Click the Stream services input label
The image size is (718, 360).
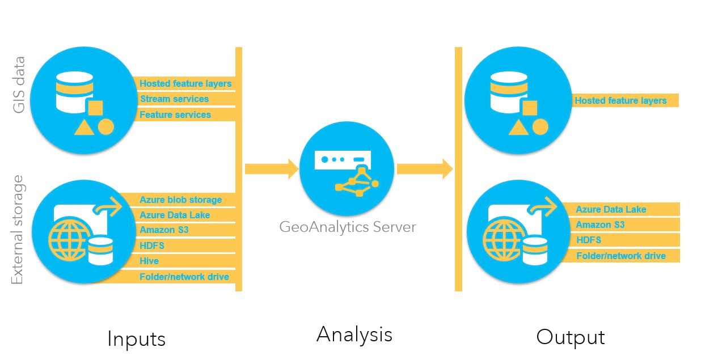point(174,99)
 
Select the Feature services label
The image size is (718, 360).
point(175,115)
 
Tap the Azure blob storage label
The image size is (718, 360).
point(180,200)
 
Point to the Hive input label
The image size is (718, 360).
point(149,261)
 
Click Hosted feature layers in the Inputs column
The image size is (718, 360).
point(185,84)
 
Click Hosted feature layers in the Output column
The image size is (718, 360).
point(620,101)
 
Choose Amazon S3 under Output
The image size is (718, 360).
point(600,225)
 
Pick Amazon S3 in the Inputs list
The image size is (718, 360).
point(164,230)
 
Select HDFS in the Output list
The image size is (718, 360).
point(588,240)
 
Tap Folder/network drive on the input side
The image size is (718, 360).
point(184,277)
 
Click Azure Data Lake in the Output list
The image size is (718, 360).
point(611,209)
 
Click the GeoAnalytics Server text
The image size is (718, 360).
point(347,227)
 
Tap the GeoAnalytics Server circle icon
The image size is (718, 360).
point(347,168)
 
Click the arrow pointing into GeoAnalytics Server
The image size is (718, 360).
point(272,168)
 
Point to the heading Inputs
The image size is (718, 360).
point(136,338)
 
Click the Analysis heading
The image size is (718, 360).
point(354,334)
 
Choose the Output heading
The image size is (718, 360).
point(571,337)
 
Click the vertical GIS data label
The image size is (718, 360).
point(19,84)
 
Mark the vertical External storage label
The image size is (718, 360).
point(18,230)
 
